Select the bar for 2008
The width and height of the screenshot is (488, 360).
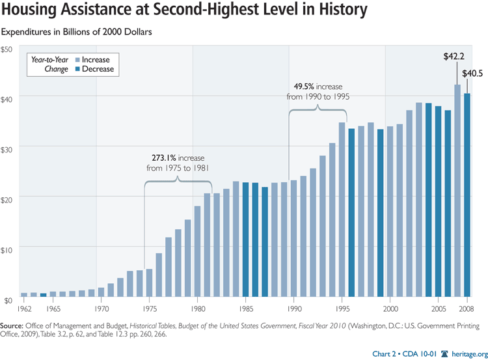(467, 195)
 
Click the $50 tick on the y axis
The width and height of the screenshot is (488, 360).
(7, 49)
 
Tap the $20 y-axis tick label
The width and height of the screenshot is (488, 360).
(7, 198)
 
